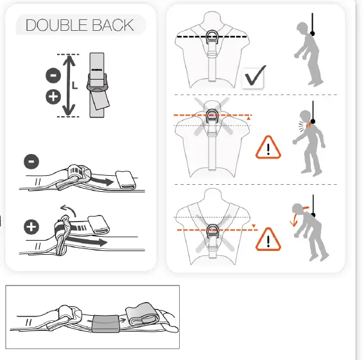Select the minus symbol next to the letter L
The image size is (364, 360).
point(54,75)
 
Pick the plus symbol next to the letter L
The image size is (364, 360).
point(54,97)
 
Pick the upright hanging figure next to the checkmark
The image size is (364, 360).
point(311,55)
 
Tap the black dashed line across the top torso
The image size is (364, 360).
point(193,38)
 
